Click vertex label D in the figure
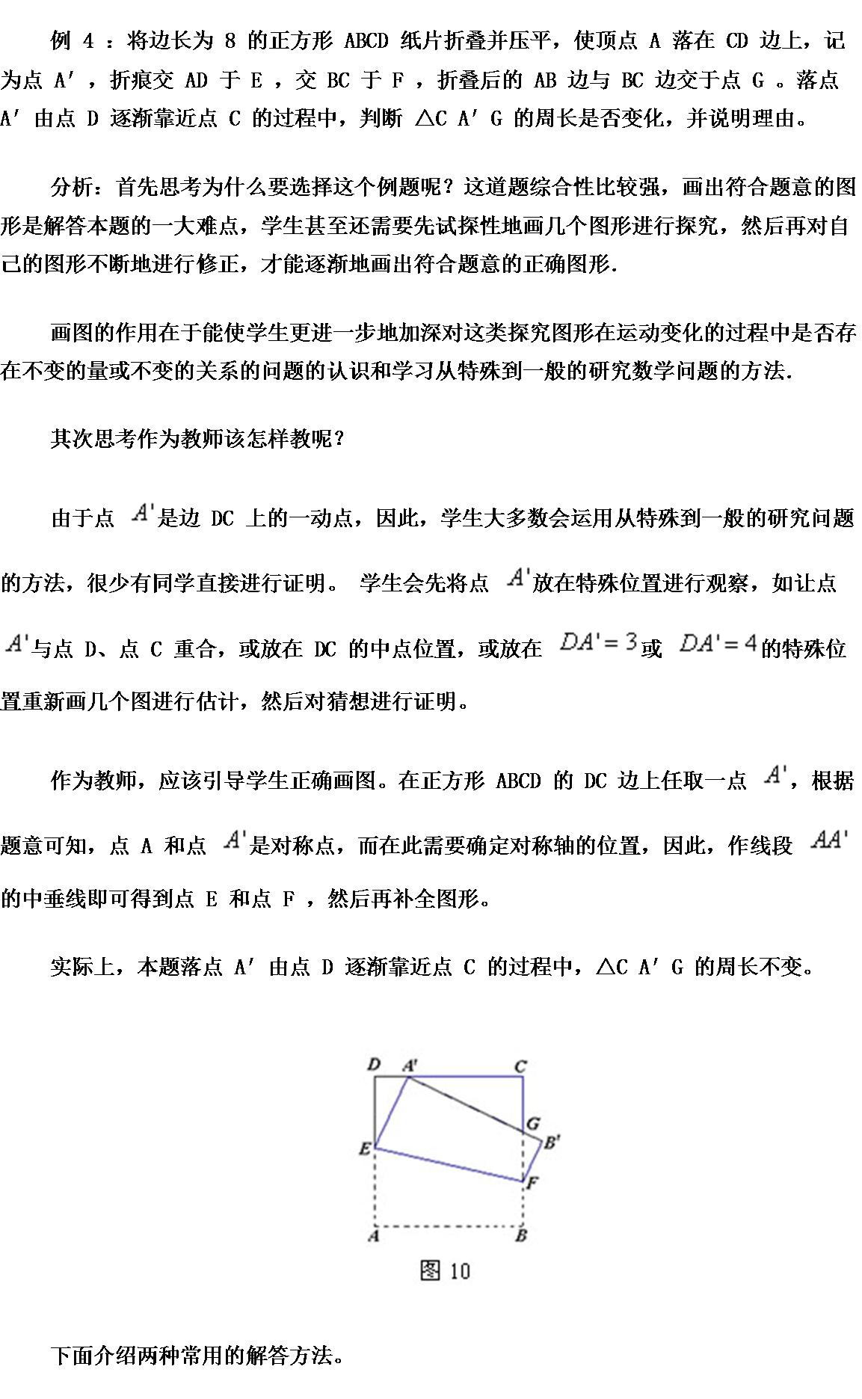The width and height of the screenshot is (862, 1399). (x=375, y=1064)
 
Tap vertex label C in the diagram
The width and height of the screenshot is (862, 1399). (x=521, y=1066)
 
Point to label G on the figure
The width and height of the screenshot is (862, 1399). (x=533, y=1123)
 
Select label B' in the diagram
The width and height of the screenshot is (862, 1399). (x=551, y=1142)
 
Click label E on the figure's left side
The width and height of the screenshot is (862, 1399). (x=365, y=1149)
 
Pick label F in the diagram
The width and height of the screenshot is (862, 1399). (x=532, y=1182)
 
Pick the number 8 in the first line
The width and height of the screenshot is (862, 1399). (x=230, y=40)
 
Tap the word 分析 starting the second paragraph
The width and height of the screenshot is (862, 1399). (x=73, y=186)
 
